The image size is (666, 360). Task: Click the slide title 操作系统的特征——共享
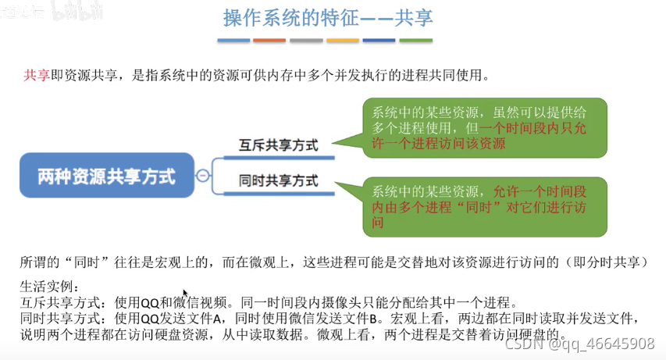click(327, 17)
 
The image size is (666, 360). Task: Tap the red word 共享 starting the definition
click(36, 76)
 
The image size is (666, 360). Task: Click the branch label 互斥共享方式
click(279, 144)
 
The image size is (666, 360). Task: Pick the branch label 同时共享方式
click(279, 180)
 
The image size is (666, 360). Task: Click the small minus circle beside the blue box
click(203, 176)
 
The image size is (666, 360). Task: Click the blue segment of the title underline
click(233, 41)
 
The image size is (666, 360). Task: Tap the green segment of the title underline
click(416, 41)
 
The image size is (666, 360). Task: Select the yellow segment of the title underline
click(343, 41)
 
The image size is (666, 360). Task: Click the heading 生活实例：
click(47, 286)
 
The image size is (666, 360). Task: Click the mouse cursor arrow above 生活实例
click(186, 273)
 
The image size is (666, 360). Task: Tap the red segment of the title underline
click(270, 41)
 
